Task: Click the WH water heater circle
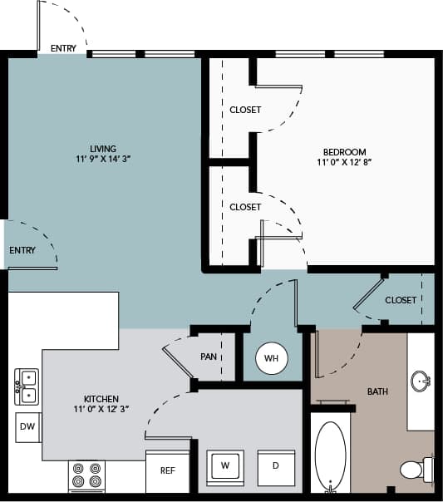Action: click(270, 359)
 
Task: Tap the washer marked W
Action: click(224, 466)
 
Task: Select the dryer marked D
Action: click(275, 466)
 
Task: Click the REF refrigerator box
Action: click(167, 470)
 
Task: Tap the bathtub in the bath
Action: click(329, 456)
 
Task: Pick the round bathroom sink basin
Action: click(421, 382)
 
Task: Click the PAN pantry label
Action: click(209, 357)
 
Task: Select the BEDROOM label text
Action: click(344, 152)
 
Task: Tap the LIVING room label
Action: click(103, 150)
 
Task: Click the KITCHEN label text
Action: click(101, 399)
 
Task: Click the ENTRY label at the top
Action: click(63, 48)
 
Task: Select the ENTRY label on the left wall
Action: click(22, 250)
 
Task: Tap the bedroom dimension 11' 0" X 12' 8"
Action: click(344, 164)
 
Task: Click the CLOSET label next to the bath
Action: click(401, 300)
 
